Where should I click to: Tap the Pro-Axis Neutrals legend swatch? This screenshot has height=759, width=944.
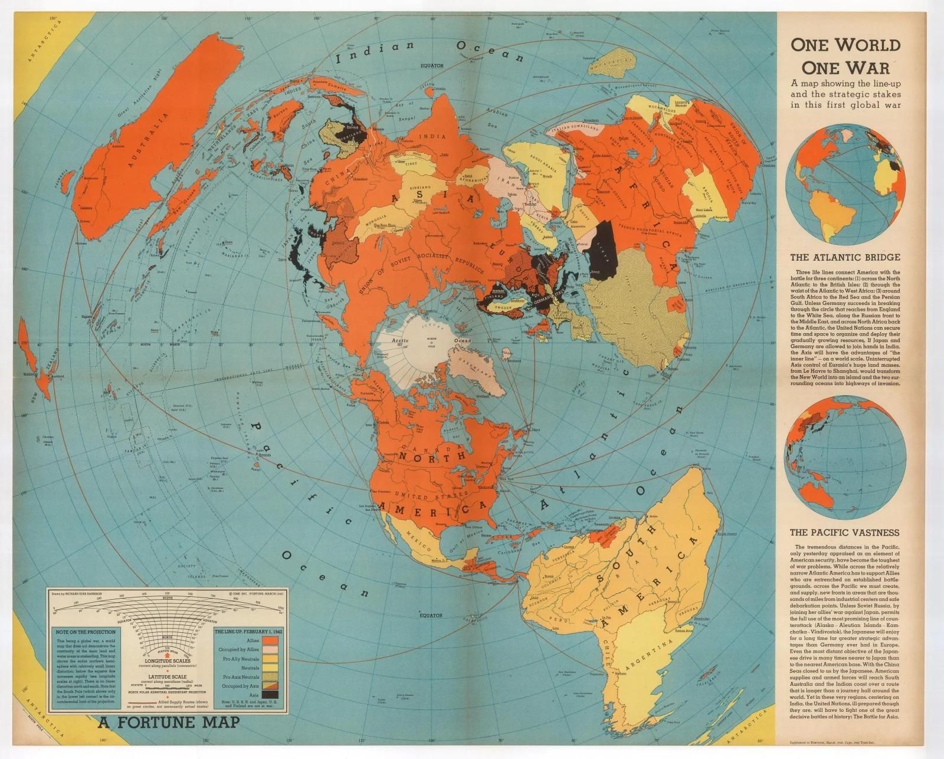(271, 677)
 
